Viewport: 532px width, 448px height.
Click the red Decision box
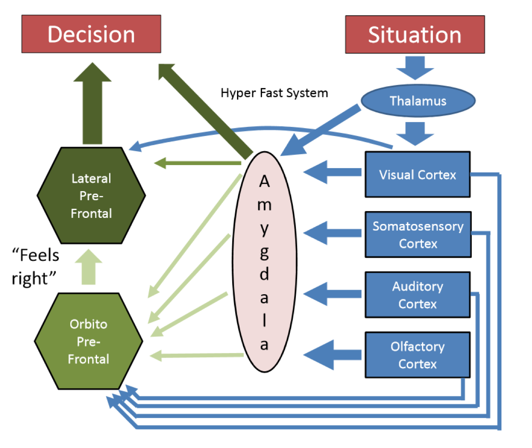[x=91, y=34]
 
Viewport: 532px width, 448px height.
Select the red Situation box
[x=415, y=35]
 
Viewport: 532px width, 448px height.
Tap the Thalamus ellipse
[x=418, y=101]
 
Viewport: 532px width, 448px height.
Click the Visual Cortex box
[x=418, y=175]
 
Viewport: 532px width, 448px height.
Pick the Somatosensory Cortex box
[x=418, y=235]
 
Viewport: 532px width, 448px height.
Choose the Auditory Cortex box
[x=418, y=295]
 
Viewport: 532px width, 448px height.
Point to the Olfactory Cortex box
[x=418, y=355]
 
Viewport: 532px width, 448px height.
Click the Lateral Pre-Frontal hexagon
[x=91, y=196]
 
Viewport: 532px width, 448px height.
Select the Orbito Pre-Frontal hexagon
[x=88, y=341]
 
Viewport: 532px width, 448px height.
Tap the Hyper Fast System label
[x=274, y=93]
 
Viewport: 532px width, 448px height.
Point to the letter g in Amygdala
[x=264, y=252]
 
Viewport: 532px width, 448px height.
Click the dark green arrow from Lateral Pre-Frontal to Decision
[x=92, y=104]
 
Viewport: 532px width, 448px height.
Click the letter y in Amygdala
[x=264, y=228]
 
